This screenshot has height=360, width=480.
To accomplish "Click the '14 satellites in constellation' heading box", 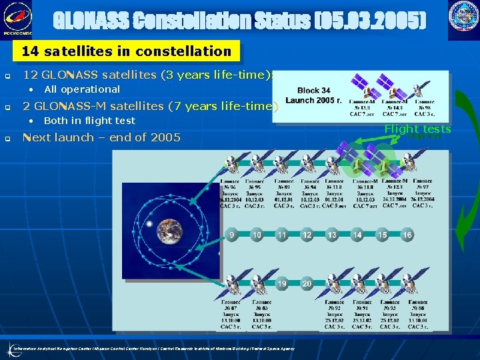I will point(126,51).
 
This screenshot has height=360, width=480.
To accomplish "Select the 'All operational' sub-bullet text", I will point(82,89).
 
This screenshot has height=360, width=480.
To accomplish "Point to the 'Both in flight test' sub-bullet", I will point(89,121).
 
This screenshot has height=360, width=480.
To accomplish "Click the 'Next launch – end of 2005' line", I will point(102,137).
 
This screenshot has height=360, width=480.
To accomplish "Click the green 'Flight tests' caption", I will point(418,129).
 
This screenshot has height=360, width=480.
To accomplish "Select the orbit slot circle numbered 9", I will point(232,235).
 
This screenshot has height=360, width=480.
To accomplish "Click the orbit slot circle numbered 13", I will point(332,235).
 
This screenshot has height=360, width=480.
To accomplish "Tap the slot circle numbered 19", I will point(282,283).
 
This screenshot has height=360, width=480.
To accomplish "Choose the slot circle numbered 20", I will point(307,283).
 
